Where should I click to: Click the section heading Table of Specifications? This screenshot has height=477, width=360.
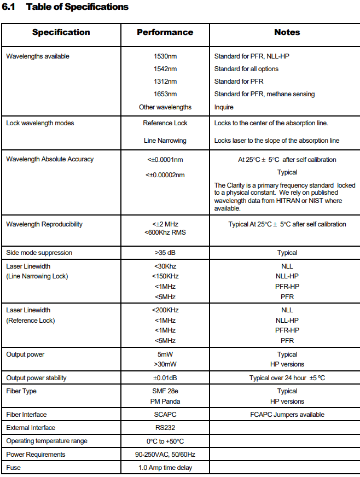tap(77, 7)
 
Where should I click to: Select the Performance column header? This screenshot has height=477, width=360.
tap(165, 32)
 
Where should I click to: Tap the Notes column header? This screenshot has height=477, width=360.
tap(287, 32)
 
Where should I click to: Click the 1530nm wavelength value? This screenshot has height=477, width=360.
tap(165, 56)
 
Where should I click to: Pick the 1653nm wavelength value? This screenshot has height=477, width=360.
tap(165, 94)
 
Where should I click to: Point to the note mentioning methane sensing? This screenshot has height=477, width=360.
tap(264, 94)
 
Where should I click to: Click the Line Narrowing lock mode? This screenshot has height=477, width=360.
tap(165, 141)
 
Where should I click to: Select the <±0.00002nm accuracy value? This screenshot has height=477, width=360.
tap(165, 174)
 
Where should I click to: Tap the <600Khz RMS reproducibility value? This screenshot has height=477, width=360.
tap(165, 231)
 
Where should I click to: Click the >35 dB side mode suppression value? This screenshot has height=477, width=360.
tap(165, 253)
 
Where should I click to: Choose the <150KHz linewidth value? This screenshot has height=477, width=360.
tap(165, 276)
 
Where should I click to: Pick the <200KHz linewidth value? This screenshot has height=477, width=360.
tap(165, 310)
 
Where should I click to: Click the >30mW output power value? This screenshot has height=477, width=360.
tap(165, 364)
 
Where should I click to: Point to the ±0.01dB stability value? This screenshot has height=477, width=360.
tap(165, 378)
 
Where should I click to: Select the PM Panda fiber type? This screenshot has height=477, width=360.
tap(165, 401)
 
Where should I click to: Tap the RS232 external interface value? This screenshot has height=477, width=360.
tap(165, 428)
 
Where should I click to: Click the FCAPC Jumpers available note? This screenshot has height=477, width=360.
tap(287, 415)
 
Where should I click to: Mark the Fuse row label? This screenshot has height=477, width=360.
tap(14, 468)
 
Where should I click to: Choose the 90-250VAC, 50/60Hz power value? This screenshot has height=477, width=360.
tap(165, 455)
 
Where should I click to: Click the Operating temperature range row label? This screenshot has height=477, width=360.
tap(47, 441)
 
